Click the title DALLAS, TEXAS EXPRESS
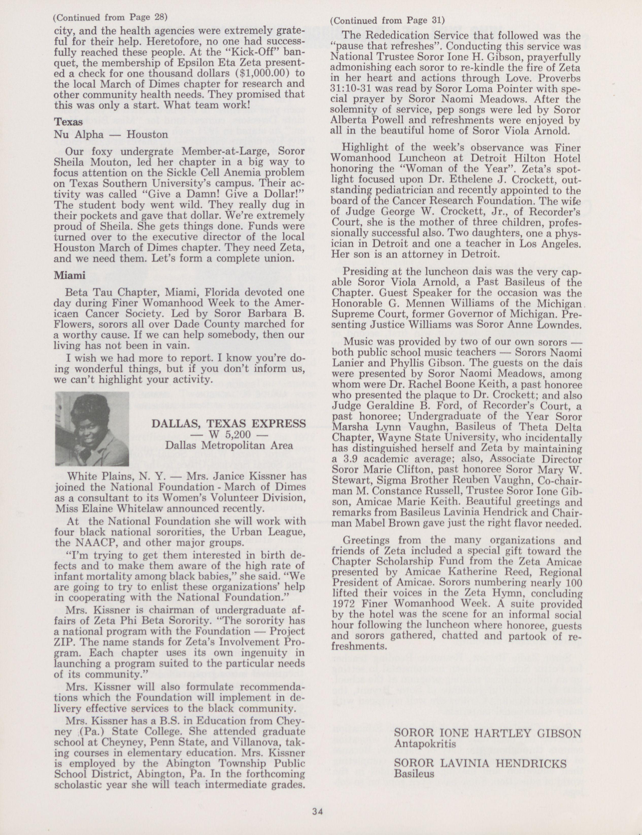point(229,423)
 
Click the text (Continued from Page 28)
point(110,17)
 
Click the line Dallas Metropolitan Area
point(229,445)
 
